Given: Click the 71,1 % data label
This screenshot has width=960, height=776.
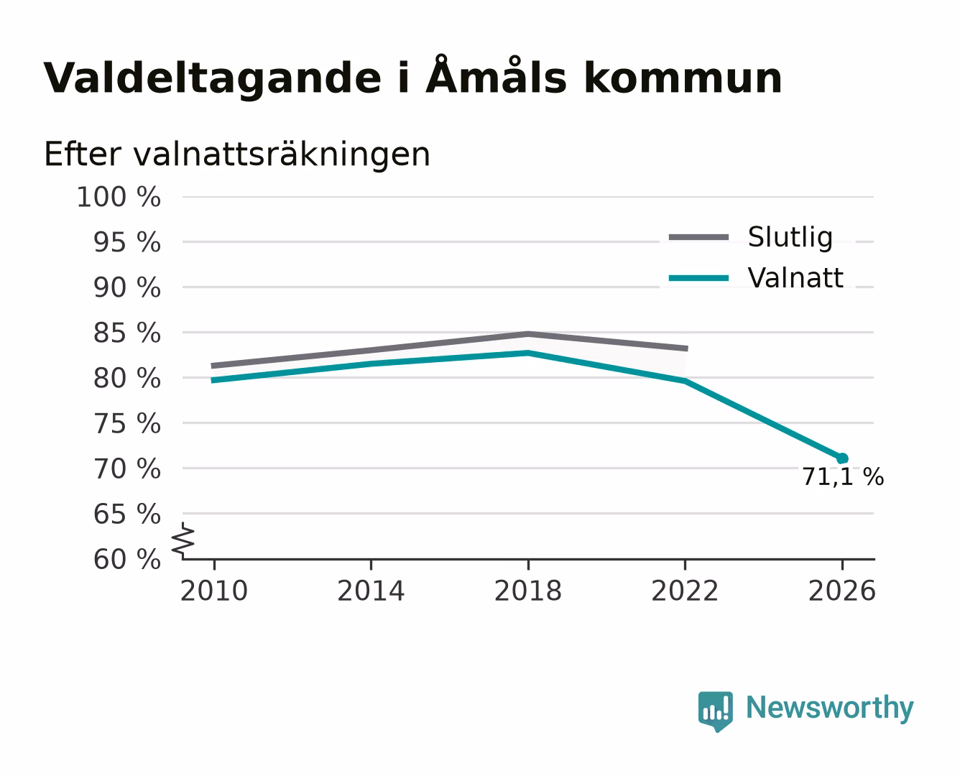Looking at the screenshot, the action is click(843, 477).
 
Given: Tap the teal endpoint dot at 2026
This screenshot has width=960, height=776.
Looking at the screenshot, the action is click(842, 458).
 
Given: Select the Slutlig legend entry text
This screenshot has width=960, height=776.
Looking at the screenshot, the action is click(790, 238).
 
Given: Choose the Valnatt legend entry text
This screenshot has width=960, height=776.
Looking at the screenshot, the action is click(795, 277).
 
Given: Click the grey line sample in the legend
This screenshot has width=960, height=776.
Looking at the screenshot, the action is click(698, 238).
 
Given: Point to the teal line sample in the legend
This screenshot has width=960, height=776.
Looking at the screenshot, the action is click(698, 278).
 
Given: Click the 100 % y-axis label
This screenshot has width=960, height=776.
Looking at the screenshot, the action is click(119, 198).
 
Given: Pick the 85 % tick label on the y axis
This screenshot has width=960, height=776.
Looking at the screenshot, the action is click(127, 333).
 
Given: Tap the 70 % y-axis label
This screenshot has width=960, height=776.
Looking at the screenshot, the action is click(127, 468).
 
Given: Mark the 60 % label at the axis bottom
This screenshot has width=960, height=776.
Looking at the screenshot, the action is click(127, 559).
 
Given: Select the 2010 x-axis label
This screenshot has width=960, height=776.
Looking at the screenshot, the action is click(214, 591).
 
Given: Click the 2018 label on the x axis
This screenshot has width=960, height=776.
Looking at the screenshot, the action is click(528, 591).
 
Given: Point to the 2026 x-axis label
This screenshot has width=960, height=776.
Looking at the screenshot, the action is click(842, 591).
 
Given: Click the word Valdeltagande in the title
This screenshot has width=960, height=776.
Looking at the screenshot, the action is click(212, 79).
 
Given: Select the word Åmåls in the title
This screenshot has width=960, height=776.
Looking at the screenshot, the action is click(497, 75).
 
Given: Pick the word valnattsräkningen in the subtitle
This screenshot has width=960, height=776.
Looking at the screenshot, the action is click(282, 154).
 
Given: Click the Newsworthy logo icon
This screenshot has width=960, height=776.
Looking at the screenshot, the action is click(716, 711).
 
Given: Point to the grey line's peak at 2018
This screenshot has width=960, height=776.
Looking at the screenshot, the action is click(528, 334).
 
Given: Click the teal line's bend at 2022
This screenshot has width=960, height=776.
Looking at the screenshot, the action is click(685, 381).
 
